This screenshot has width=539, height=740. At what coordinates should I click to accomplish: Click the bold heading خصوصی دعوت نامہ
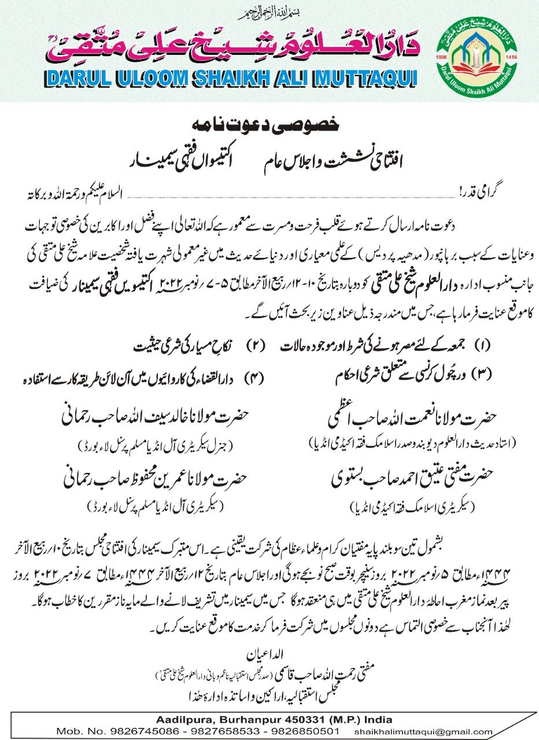coord(269,124)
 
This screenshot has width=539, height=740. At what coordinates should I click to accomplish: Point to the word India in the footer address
coord(378,719)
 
